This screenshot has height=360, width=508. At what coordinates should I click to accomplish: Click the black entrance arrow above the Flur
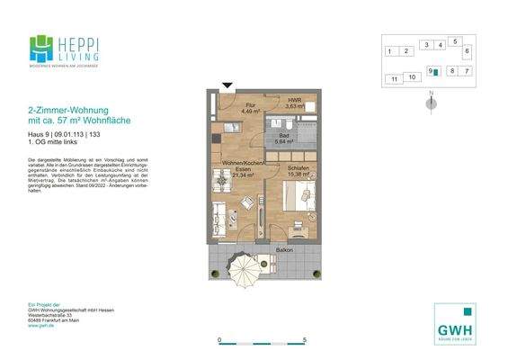227,86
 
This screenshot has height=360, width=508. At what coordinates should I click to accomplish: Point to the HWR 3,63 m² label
294,103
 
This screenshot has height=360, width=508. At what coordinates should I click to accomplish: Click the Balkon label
284,249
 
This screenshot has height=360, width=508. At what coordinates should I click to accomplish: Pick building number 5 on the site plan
456,41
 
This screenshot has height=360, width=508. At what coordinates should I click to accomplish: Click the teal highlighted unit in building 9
435,71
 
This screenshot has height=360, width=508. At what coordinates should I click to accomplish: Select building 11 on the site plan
394,80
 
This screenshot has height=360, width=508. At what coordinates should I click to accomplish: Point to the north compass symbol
432,102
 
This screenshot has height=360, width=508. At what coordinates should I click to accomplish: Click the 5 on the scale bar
306,340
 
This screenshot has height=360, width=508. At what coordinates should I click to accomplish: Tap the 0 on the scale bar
220,340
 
